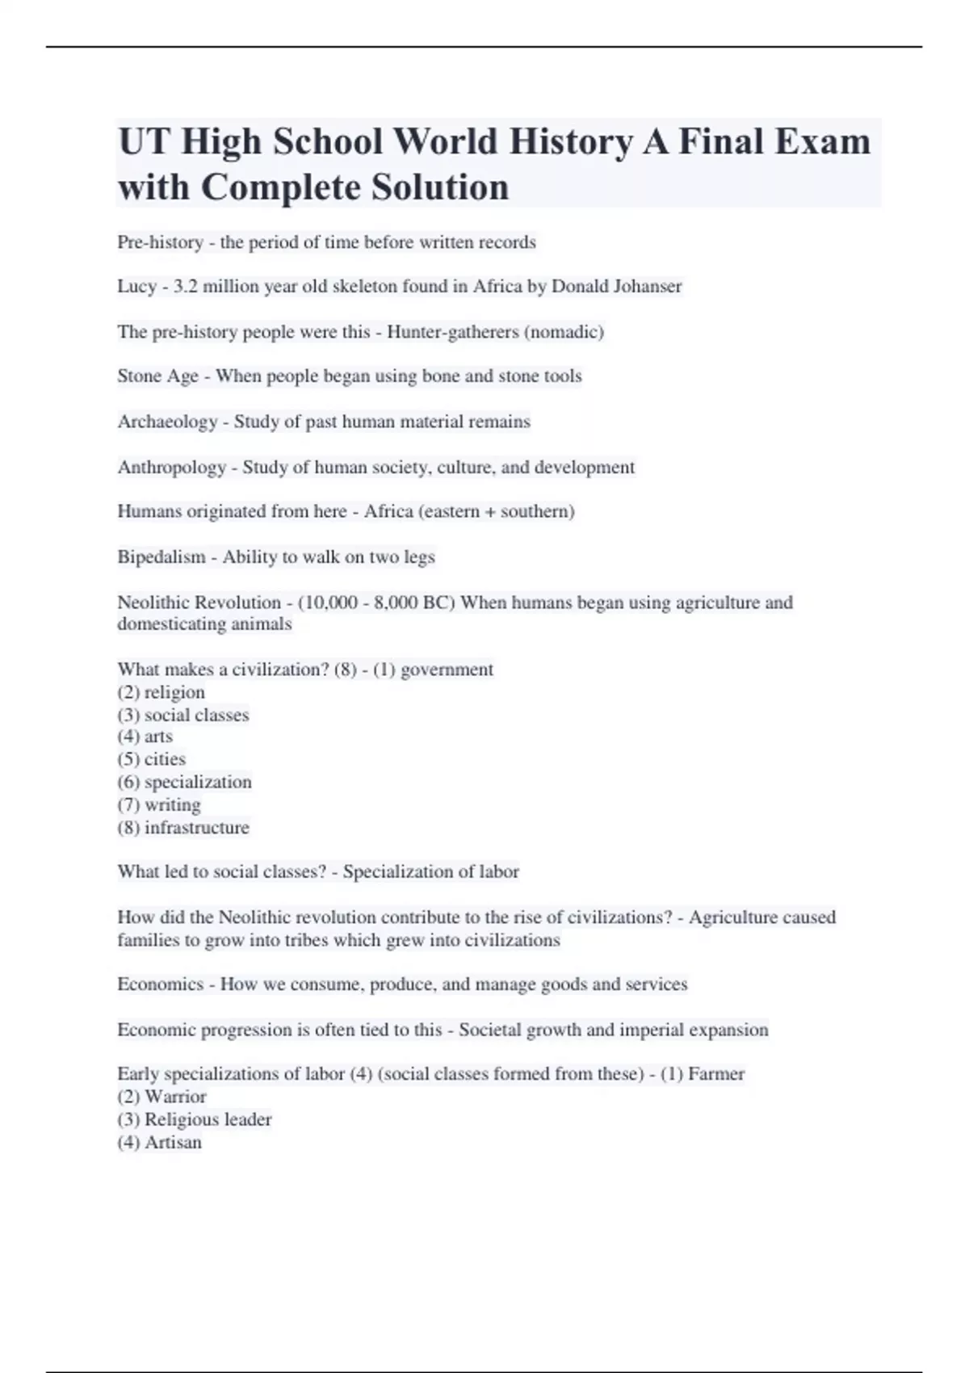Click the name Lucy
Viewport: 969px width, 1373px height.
pos(136,287)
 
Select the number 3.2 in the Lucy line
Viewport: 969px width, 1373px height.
pos(185,287)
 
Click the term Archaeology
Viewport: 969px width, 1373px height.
pos(167,422)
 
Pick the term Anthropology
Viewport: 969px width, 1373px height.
pos(171,468)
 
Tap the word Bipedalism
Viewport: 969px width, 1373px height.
pos(161,557)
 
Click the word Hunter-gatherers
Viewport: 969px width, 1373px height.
pos(453,332)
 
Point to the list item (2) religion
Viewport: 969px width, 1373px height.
pos(161,692)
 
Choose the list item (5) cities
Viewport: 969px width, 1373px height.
pos(152,759)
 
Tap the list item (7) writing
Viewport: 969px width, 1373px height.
pos(159,804)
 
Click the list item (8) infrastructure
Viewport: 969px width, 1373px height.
pos(183,827)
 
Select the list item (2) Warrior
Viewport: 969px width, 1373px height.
pos(161,1097)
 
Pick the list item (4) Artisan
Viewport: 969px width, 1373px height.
pos(159,1142)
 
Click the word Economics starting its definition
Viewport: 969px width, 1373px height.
pos(160,985)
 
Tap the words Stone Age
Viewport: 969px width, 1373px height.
pos(157,376)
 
